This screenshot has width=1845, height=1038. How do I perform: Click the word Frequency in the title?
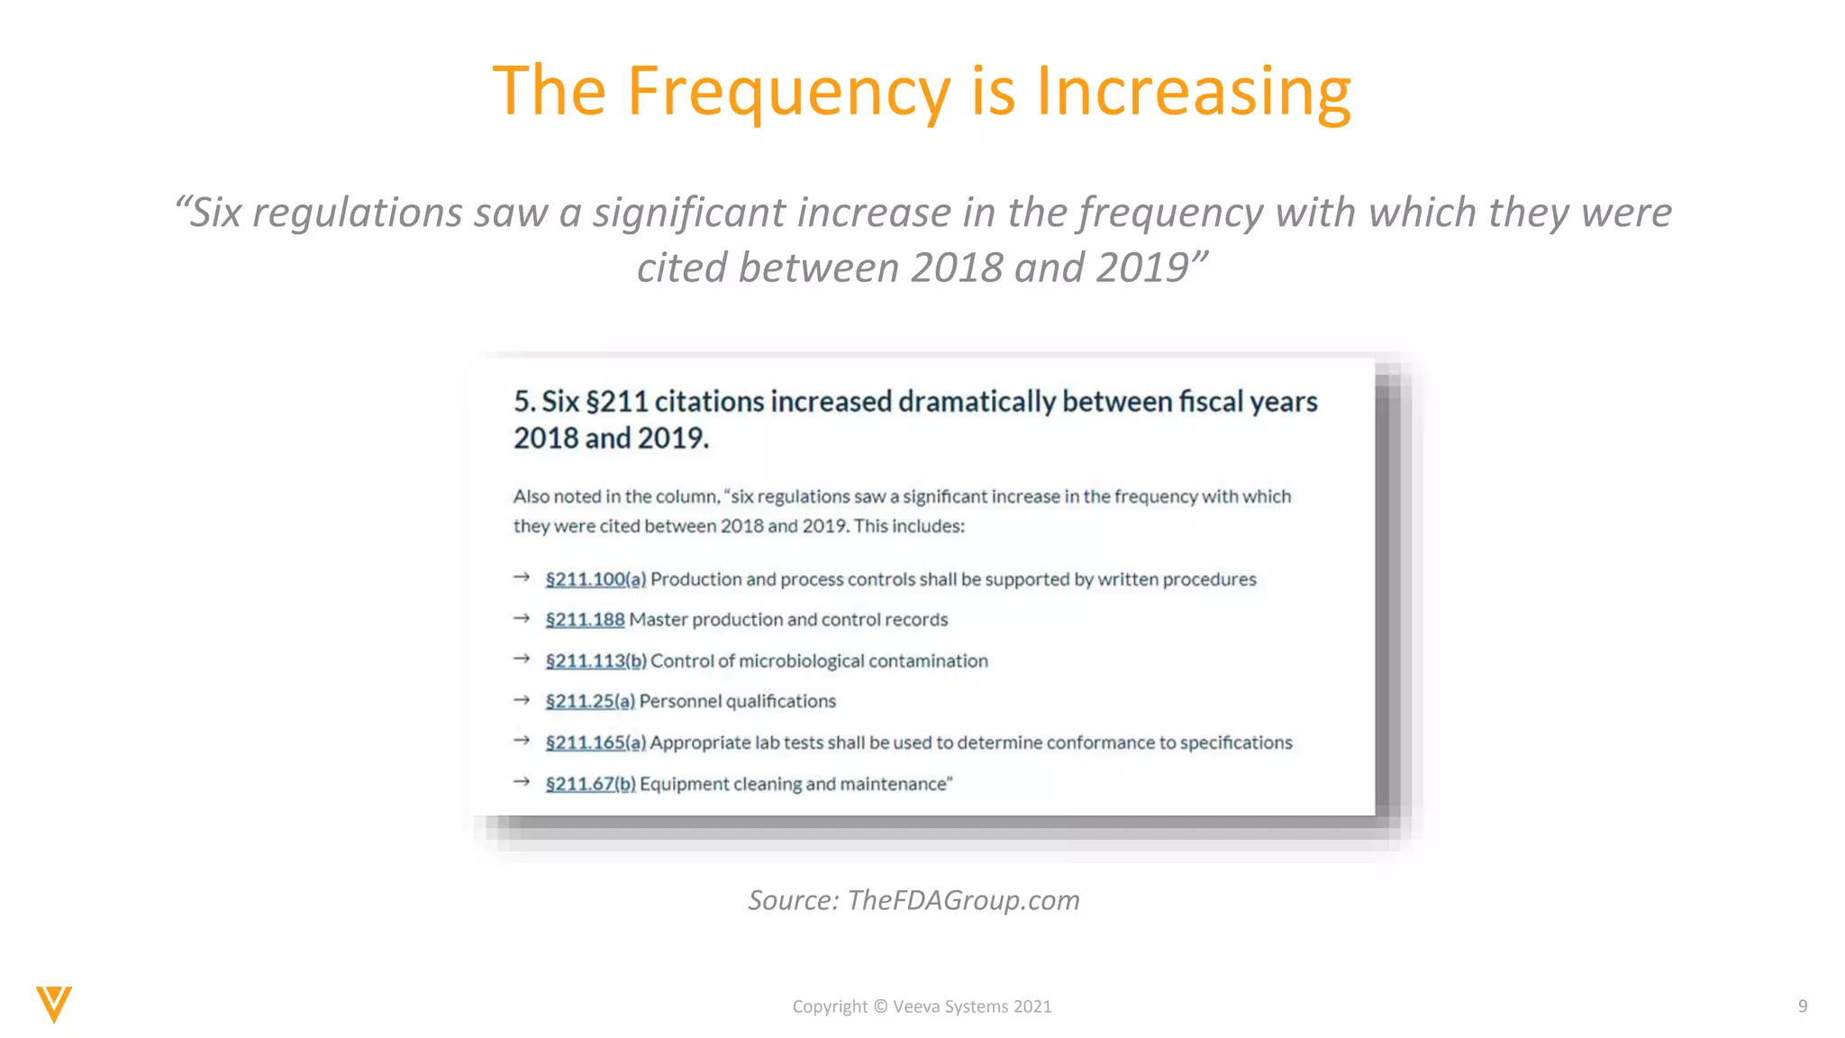point(788,92)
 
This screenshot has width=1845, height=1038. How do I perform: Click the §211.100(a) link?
point(595,579)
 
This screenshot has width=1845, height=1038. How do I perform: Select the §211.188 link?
point(585,620)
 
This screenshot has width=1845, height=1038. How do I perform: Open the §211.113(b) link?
point(595,661)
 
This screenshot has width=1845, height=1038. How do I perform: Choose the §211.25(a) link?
point(590,701)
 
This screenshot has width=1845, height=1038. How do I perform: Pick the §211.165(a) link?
point(595,742)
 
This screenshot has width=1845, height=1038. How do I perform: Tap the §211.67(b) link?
point(590,784)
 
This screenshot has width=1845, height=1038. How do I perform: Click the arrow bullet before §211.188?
point(522,618)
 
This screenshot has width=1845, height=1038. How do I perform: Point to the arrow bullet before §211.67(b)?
point(522,782)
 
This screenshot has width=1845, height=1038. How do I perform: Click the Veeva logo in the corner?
point(54,1004)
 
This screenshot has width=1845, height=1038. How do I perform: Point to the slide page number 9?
point(1803,1006)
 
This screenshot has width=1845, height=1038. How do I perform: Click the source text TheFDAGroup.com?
point(963,900)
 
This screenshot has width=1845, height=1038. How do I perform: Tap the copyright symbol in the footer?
point(880,1006)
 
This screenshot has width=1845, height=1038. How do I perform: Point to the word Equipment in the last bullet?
point(684,784)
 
